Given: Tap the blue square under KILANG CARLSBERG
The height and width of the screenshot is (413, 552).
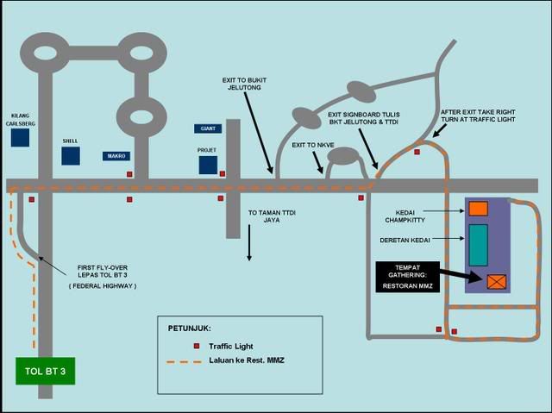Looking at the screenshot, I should [x=21, y=137].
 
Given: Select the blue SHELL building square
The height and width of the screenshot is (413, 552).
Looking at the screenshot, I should [x=71, y=156].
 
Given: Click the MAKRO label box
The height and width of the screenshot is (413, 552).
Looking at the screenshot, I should [x=116, y=156].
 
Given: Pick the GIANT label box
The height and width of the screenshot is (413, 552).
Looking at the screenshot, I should [x=208, y=128].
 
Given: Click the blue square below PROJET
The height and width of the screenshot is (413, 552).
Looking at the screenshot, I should [x=207, y=165].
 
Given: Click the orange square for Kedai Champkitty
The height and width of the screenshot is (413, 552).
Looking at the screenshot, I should [x=479, y=207].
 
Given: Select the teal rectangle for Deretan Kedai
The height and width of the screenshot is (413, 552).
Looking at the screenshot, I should [x=479, y=244].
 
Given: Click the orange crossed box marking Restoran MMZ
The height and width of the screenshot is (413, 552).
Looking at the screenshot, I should [x=497, y=280].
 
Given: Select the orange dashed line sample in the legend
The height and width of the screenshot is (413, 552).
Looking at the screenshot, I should [x=179, y=360].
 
